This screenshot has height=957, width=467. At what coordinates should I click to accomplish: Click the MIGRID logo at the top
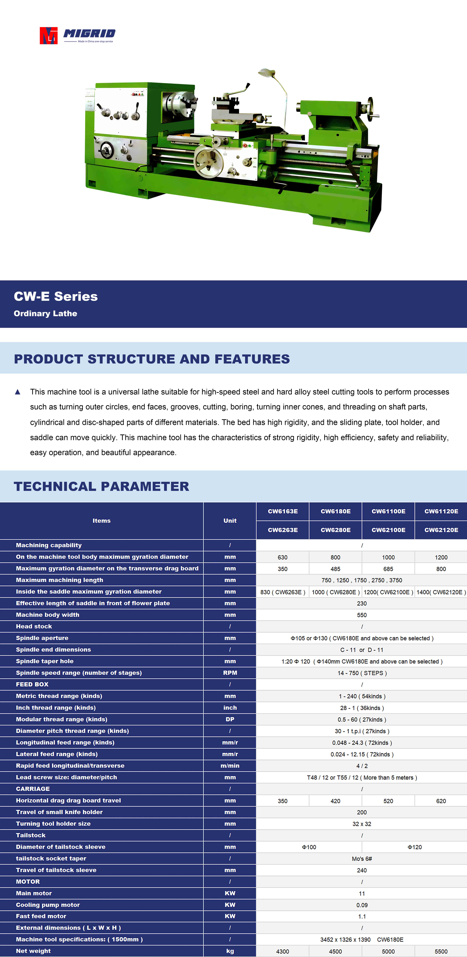77,35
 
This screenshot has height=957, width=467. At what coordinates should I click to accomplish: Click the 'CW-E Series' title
56,297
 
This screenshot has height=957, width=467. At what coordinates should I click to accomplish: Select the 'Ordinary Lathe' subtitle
45,314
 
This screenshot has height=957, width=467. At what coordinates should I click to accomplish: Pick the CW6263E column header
283,530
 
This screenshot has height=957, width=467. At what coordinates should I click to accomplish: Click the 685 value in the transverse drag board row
388,569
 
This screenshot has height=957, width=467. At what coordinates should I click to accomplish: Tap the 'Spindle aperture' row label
42,638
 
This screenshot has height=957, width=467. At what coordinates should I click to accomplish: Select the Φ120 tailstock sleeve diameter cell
415,847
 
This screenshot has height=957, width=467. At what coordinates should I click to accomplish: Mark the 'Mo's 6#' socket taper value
362,859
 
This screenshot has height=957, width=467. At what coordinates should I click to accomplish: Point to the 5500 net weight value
441,951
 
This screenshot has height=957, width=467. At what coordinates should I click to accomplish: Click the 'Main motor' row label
34,893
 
